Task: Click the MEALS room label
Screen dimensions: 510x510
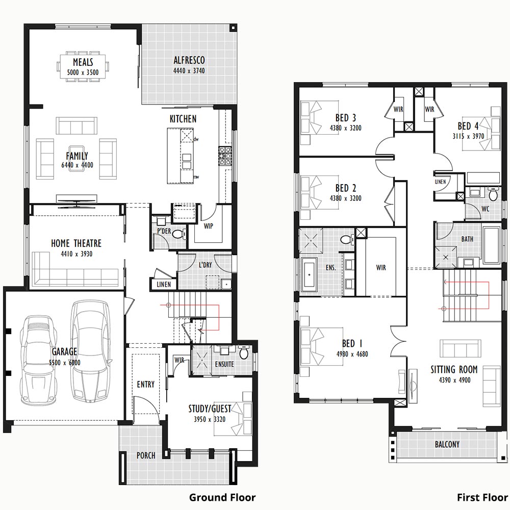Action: point(83,62)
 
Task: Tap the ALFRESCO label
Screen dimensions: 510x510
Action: point(189,60)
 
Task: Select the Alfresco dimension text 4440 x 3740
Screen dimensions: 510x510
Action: point(189,70)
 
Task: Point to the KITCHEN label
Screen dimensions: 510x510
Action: point(183,119)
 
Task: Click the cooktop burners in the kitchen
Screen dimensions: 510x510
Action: point(225,156)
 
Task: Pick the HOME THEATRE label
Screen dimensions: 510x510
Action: point(76,243)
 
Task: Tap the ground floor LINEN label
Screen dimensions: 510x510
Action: point(164,284)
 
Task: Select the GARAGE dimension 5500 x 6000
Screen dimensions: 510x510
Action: point(64,362)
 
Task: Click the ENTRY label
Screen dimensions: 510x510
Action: point(146,385)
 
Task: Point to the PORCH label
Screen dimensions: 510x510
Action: point(146,455)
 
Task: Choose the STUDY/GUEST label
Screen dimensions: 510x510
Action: point(210,409)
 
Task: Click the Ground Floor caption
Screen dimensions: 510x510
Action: point(222,497)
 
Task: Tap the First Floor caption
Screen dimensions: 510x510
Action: point(482,497)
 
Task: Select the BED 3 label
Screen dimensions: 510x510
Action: point(346,117)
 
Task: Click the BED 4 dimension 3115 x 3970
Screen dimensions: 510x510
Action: point(468,136)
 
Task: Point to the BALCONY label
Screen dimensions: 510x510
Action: point(447,444)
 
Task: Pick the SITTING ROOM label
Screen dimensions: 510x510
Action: point(454,369)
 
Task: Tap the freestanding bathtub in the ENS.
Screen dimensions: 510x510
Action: point(309,275)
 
